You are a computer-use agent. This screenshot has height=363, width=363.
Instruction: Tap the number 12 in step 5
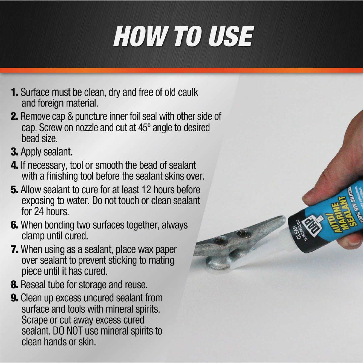146,190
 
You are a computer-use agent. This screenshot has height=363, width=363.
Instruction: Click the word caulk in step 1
188,92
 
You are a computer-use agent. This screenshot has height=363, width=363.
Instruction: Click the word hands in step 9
55,342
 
